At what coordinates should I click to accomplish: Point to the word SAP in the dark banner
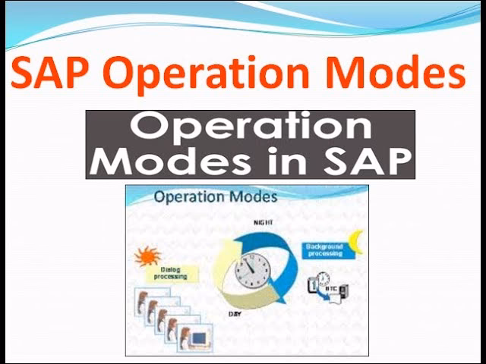point(372,161)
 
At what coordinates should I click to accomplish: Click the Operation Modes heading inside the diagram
point(216,198)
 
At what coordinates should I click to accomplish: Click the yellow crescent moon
point(355,243)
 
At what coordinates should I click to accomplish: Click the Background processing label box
point(324,249)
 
